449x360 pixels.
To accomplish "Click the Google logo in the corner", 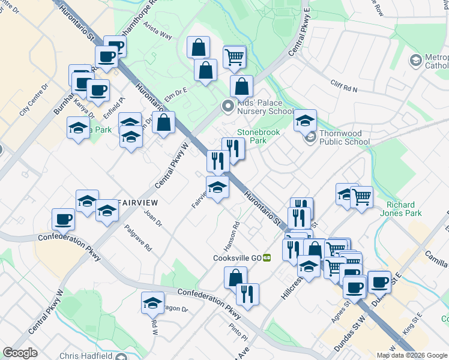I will (20, 353).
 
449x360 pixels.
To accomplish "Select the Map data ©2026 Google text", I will (411, 355).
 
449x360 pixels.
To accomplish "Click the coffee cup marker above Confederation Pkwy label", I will (63, 219).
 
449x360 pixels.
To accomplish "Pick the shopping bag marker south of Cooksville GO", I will (235, 277).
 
